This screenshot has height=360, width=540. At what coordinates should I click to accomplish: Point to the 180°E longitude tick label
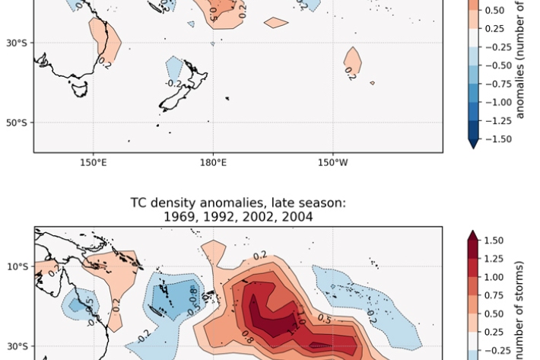click(213, 162)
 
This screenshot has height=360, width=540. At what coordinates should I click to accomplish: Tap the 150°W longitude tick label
click(332, 162)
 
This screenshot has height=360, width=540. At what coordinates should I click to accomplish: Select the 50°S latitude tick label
click(17, 123)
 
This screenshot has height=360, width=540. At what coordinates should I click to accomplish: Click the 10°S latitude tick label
click(17, 266)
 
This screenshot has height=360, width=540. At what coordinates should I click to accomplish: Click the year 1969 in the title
click(178, 217)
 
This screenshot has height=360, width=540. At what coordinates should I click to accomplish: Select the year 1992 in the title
click(218, 217)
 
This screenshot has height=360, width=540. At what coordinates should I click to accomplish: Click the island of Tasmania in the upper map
click(78, 88)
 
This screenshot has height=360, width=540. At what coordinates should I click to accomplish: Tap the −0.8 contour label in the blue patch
click(193, 293)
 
